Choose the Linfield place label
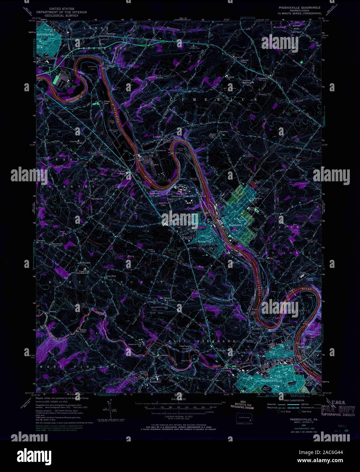(x=157, y=137)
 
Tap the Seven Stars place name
(x=111, y=276)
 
